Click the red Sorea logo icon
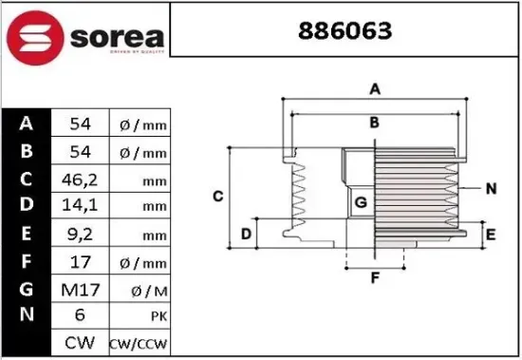pyautogui.click(x=35, y=37)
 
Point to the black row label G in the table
pyautogui.click(x=27, y=287)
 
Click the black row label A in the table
pyautogui.click(x=27, y=123)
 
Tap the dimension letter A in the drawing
pyautogui.click(x=375, y=89)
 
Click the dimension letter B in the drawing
pyautogui.click(x=375, y=122)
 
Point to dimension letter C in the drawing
pyautogui.click(x=217, y=196)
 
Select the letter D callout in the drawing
pyautogui.click(x=246, y=234)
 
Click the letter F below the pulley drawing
pyautogui.click(x=375, y=278)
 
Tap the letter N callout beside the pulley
pyautogui.click(x=491, y=188)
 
